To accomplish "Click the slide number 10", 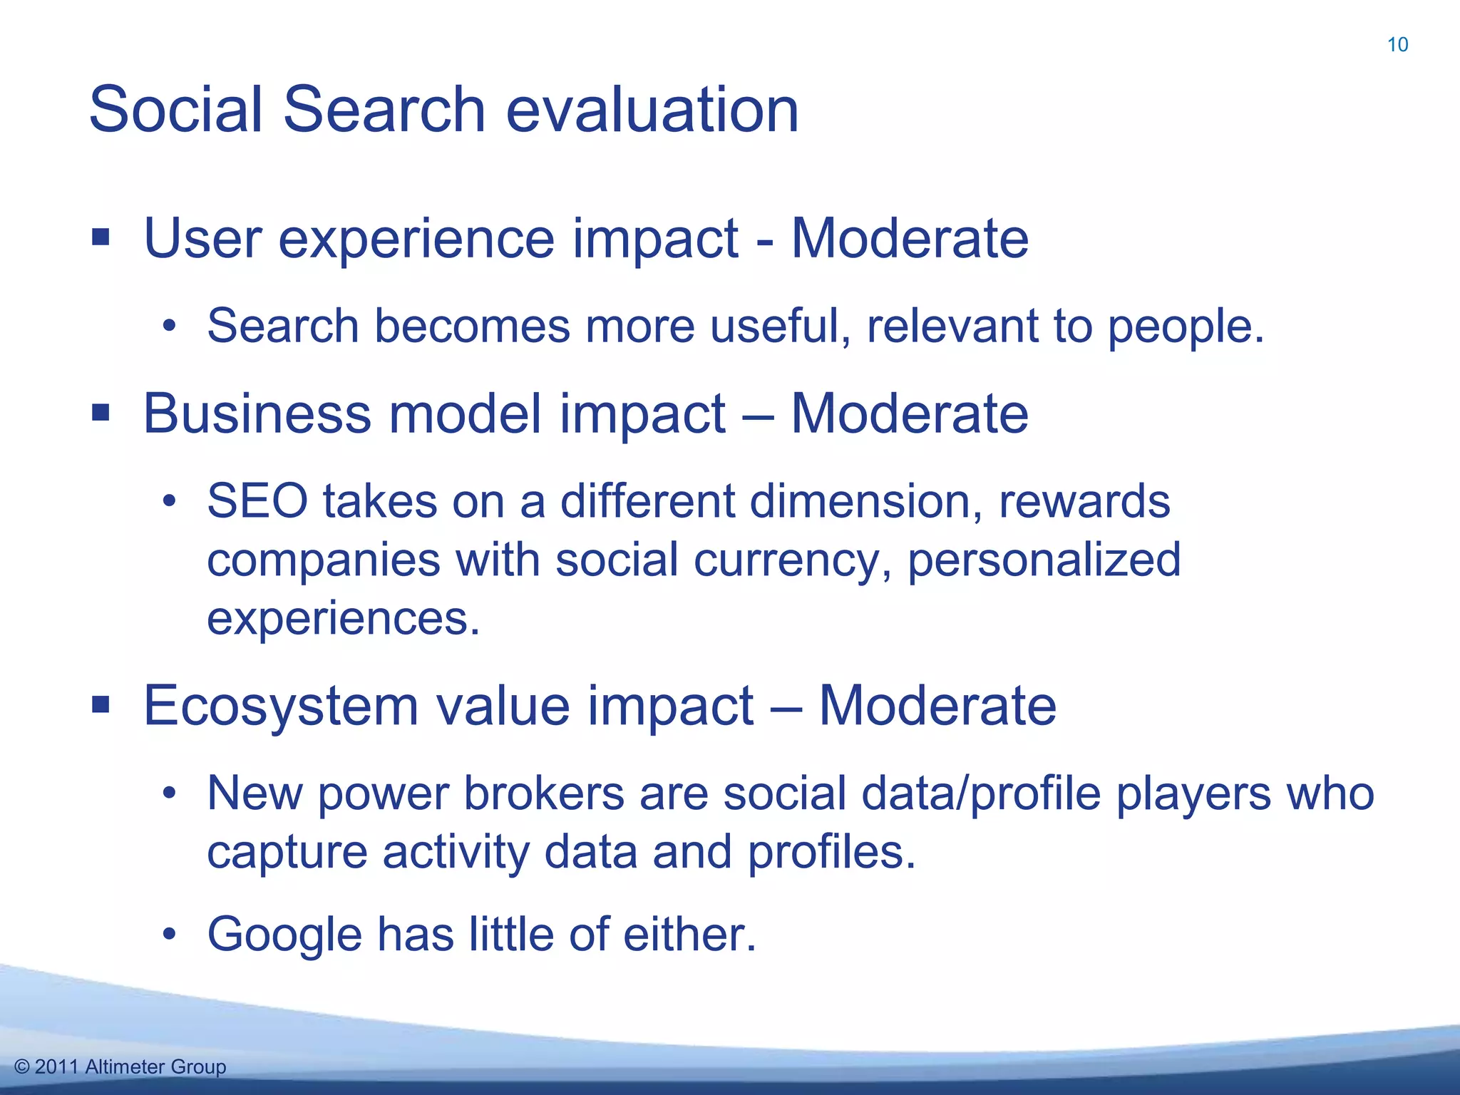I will coord(1397,45).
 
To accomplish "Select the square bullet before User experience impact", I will coord(101,237).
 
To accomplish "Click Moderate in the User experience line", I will coord(910,238).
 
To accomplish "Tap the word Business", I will coord(257,413).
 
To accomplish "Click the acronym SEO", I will coord(257,501).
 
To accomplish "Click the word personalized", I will coord(1044,561).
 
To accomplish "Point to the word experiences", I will coord(342,620).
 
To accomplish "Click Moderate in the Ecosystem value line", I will coord(937,706).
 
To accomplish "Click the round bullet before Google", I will coord(169,933).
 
